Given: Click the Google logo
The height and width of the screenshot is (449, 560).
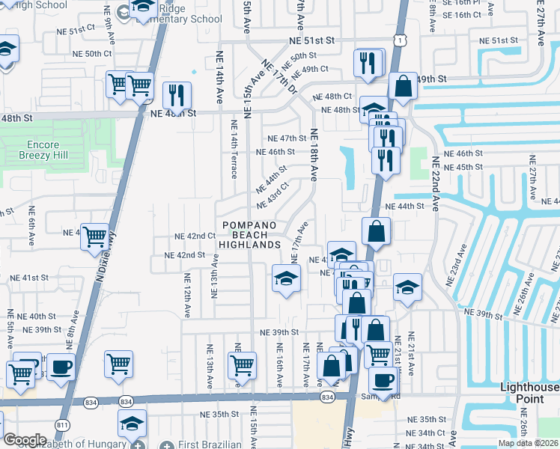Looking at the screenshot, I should pos(25,440).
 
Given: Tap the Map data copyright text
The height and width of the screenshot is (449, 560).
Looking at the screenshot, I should pos(527,443).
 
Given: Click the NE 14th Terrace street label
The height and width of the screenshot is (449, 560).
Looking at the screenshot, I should pos(234,149).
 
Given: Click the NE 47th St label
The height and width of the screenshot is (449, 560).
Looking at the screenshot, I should pos(288,138).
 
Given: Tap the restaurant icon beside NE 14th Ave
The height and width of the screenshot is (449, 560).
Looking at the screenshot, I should pos(177,95).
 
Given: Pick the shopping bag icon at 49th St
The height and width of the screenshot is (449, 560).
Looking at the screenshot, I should pos(403,87).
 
